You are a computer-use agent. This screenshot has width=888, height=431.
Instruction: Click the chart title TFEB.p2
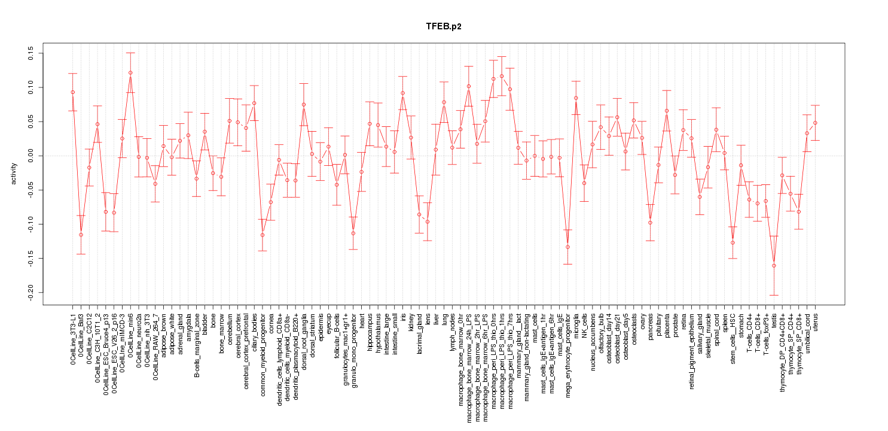pos(443,27)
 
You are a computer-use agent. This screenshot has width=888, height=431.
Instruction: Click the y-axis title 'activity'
pos(14,172)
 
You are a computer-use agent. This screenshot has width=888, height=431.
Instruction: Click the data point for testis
pos(774,265)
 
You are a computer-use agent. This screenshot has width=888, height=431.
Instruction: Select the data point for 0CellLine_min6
pos(130,72)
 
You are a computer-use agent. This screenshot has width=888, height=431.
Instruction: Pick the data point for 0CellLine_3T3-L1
pos(73,92)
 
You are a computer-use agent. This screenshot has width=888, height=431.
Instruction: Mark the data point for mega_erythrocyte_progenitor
pos(567,247)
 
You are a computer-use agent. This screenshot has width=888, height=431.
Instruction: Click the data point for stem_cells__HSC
pos(733,242)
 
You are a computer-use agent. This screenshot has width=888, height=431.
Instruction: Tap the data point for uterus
pos(815,123)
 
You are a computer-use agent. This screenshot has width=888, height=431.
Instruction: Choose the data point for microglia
pos(576,98)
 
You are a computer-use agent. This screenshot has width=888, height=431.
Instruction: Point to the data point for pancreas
pos(650,223)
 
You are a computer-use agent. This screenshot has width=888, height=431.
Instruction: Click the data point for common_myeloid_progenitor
pos(262,235)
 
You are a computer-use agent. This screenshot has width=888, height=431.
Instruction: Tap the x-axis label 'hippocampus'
pos(370,331)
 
